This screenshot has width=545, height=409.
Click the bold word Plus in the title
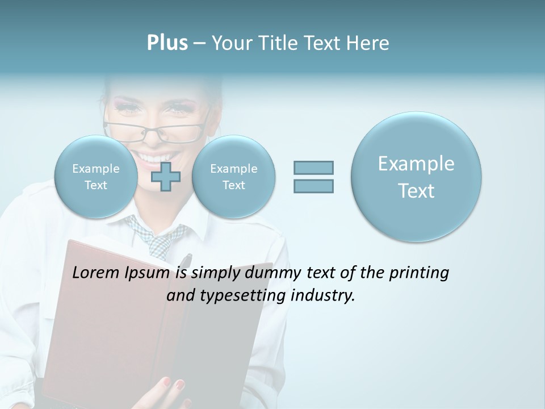167,43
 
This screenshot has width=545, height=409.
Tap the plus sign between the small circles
166,177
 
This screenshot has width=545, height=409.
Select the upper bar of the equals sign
313,168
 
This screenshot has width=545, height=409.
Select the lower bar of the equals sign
313,186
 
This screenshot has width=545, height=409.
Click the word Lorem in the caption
96,273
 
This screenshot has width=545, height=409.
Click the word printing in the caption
418,273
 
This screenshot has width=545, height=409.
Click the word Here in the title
370,43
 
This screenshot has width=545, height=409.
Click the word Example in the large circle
416,164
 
